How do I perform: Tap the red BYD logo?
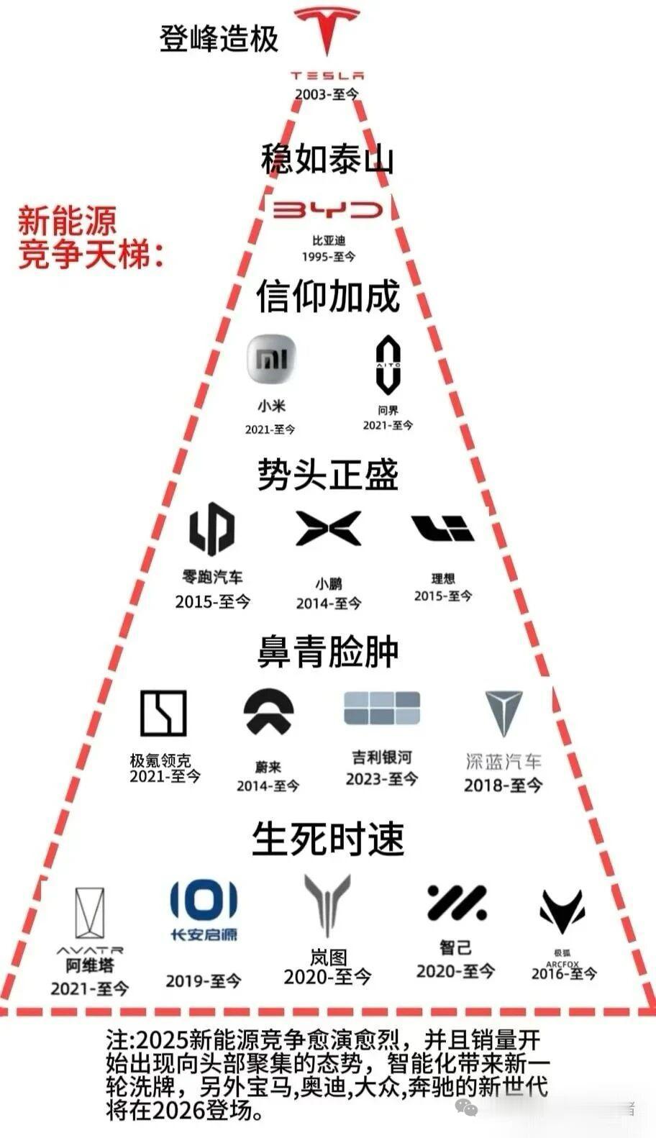(328, 209)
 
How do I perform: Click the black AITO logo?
(388, 365)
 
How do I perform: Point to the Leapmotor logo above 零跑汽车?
(211, 529)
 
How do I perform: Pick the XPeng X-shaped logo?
(329, 529)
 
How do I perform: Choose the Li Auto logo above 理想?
(442, 529)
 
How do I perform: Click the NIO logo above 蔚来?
(268, 712)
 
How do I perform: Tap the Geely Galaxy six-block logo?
(381, 708)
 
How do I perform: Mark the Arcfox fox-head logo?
(562, 911)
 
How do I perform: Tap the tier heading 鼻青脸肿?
(328, 652)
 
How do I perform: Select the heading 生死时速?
(328, 839)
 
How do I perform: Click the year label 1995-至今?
(329, 257)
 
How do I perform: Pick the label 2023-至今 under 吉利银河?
(381, 779)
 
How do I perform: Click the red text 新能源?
(67, 220)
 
